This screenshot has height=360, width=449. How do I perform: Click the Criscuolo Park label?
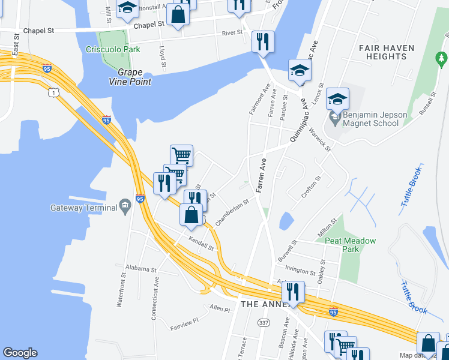pos(109,49)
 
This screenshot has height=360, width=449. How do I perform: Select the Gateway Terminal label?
pos(84,208)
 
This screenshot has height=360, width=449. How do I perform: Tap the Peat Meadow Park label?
pos(350,245)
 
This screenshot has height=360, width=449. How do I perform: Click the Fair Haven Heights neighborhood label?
pos(382,52)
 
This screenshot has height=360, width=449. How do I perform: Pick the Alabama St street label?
pos(140,269)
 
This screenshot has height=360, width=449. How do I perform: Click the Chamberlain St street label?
pos(232,212)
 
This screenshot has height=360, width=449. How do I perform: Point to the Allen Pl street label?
pos(220,308)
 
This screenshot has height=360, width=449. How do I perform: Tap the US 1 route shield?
pos(55,92)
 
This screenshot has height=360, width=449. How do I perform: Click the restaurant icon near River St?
pos(263,41)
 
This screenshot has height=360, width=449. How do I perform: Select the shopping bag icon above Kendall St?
pos(191,215)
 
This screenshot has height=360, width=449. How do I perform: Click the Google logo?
pos(20,353)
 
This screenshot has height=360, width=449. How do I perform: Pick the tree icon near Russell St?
pos(441,59)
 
